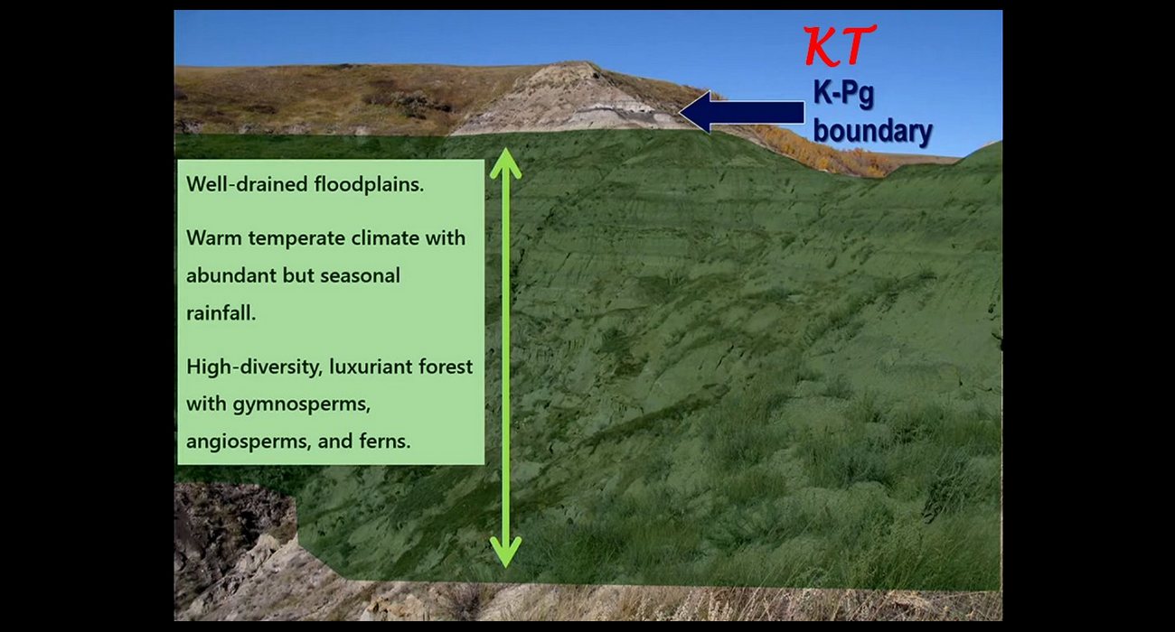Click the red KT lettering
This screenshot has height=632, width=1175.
click(x=840, y=45)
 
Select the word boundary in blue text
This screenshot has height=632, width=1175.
click(x=873, y=131)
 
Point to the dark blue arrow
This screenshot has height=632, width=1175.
click(x=742, y=112)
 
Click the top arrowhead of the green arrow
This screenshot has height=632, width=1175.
click(x=505, y=163)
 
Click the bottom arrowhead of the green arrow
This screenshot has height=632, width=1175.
click(x=505, y=553)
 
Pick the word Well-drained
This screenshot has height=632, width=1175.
click(x=247, y=184)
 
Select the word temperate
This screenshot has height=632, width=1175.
click(x=296, y=238)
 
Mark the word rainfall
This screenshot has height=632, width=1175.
click(x=221, y=313)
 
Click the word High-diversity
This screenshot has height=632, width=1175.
click(x=254, y=367)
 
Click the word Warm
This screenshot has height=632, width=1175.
click(x=214, y=238)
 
